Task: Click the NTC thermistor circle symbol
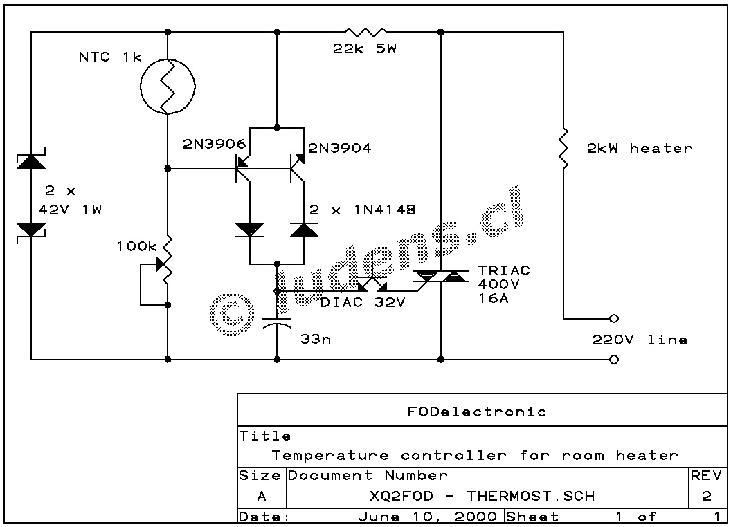pos(168,86)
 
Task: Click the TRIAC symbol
pos(440,277)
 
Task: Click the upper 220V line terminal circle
pos(613,319)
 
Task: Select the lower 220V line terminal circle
pos(613,360)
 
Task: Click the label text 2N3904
pos(339,147)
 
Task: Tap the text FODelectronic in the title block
pos(476,412)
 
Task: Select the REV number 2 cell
pos(706,496)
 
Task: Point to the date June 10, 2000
pos(427,517)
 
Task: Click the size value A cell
pos(261,496)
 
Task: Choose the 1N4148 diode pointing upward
pos(303,230)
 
